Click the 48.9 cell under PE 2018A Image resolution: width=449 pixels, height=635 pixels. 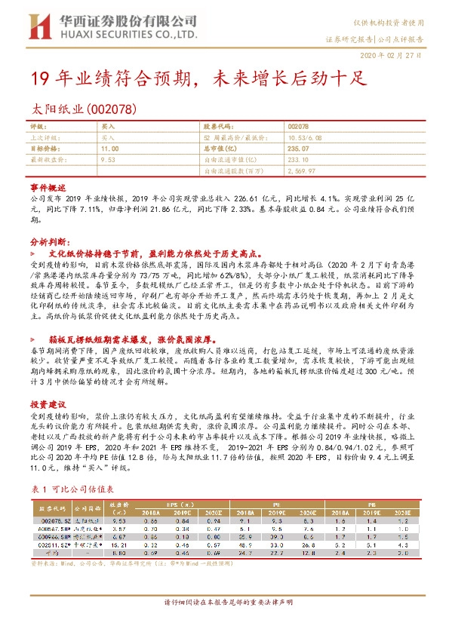pyautogui.click(x=245, y=543)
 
